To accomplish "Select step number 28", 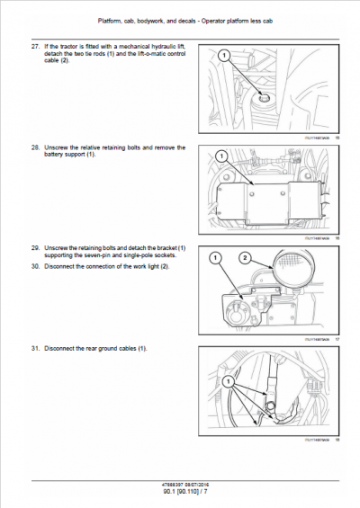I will tap(35, 147).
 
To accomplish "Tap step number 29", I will tap(35, 246).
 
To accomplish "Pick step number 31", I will tap(35, 347).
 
